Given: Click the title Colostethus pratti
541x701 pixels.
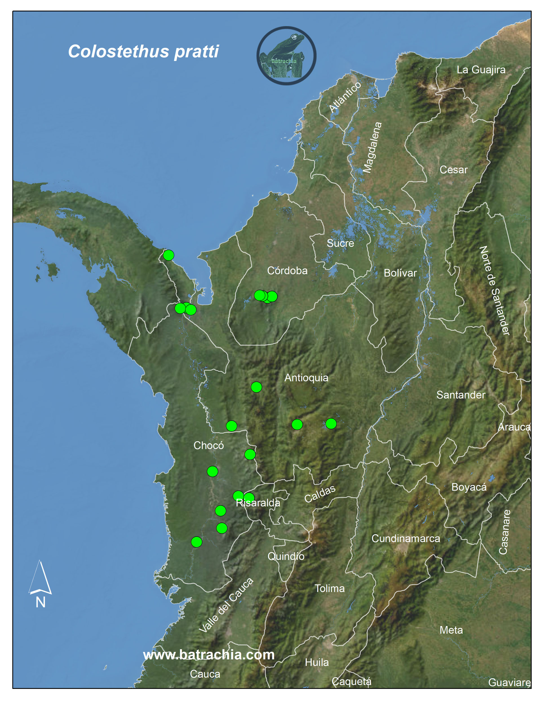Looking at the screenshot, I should (143, 51).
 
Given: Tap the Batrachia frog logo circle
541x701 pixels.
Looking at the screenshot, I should (286, 56).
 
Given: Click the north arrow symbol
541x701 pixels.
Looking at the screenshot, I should (40, 578).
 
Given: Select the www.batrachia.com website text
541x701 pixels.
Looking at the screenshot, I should (209, 654).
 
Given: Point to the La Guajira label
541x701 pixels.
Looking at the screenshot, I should (481, 70).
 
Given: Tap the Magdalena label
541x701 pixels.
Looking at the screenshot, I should (372, 147).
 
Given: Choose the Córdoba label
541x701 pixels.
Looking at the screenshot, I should (287, 271).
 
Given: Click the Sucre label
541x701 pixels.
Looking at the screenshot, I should (340, 243).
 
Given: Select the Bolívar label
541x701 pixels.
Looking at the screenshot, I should (400, 273).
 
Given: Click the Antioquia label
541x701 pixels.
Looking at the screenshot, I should (306, 378).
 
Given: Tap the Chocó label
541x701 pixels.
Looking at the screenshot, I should (209, 445).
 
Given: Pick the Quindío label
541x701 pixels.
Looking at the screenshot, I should (286, 556).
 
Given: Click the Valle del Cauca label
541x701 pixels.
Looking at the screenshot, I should (226, 605).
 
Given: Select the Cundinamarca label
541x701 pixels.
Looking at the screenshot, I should (406, 538).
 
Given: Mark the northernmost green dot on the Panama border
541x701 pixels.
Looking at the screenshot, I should (168, 255).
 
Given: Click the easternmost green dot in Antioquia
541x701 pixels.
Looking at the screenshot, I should (331, 424).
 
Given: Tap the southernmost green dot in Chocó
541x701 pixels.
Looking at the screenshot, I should (197, 542).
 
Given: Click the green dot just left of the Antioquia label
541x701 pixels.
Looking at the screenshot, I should (256, 387).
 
